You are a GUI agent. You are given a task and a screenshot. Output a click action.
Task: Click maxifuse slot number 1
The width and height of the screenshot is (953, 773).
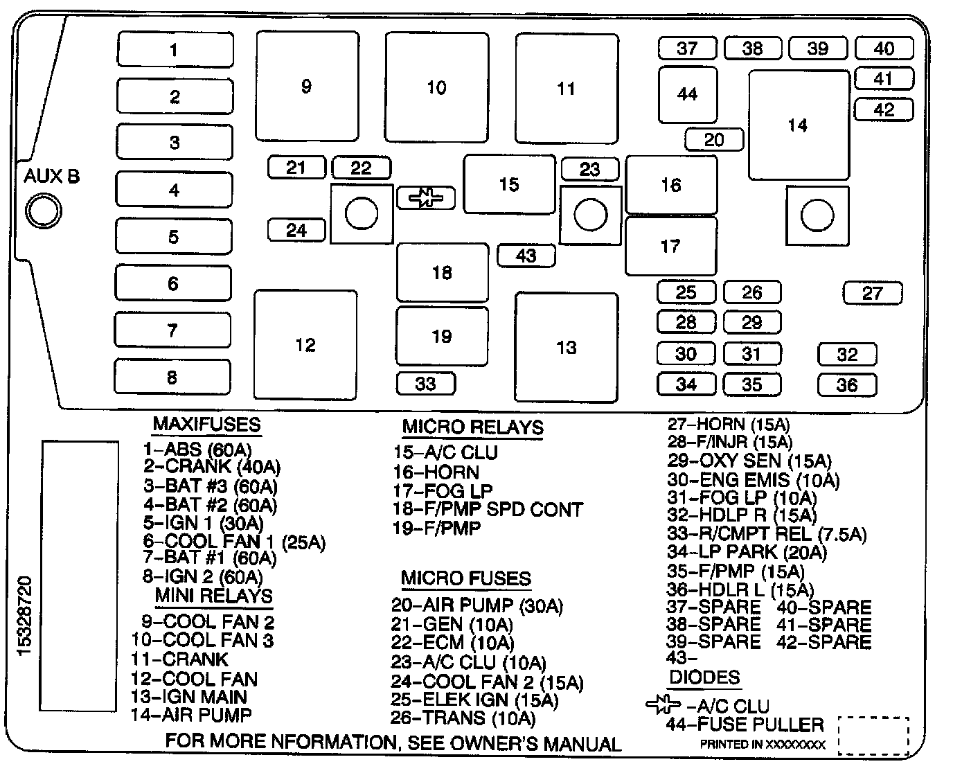click(x=175, y=49)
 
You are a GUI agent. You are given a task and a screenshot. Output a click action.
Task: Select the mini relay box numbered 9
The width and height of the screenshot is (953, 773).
click(x=307, y=87)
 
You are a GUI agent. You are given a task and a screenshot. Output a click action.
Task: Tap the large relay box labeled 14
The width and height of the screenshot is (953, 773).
click(x=799, y=125)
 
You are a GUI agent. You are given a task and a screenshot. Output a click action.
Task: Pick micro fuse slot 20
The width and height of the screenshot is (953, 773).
click(x=713, y=140)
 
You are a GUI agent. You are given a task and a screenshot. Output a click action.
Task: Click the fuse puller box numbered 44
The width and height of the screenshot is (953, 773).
click(x=687, y=94)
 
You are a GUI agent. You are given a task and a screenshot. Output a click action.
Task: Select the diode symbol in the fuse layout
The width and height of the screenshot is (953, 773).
click(x=425, y=198)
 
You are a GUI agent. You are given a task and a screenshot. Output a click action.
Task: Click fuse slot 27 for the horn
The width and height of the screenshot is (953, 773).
click(x=873, y=293)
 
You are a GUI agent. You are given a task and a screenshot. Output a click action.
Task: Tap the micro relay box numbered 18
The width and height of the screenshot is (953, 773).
click(x=442, y=272)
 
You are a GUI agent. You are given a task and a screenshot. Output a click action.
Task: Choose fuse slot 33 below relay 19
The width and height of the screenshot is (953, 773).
click(x=426, y=383)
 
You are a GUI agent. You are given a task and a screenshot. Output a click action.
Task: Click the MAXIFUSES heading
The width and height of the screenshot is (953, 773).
click(x=206, y=424)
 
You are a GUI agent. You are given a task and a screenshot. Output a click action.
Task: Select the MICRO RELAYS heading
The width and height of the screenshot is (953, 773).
click(x=472, y=427)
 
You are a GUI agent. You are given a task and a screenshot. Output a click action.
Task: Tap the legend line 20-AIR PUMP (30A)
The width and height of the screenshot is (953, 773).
click(x=476, y=605)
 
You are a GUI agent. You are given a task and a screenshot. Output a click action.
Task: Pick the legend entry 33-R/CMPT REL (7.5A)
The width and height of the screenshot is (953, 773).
click(x=767, y=533)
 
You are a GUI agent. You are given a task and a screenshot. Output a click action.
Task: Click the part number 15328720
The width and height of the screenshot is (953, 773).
click(x=25, y=615)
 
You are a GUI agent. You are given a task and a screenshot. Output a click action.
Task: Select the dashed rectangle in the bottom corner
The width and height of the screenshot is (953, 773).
click(x=873, y=735)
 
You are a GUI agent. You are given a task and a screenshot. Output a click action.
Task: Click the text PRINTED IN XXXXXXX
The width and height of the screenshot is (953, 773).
click(x=762, y=745)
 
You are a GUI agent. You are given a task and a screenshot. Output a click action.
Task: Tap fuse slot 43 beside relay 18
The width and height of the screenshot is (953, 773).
click(x=526, y=256)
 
